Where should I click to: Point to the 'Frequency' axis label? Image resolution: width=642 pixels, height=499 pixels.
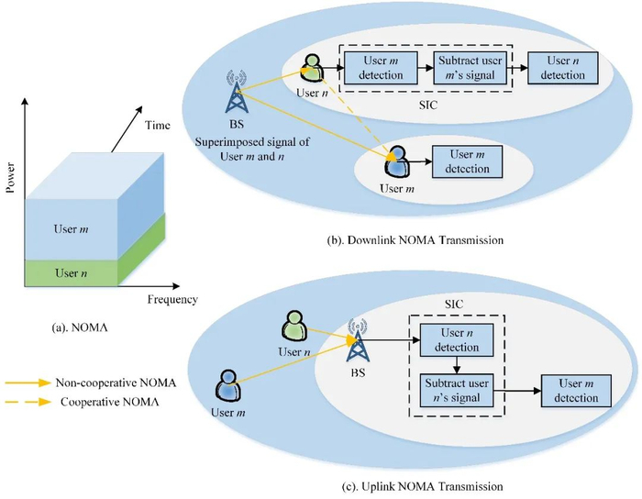(x=172, y=299)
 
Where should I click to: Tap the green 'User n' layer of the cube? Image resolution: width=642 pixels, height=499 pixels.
(x=73, y=273)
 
